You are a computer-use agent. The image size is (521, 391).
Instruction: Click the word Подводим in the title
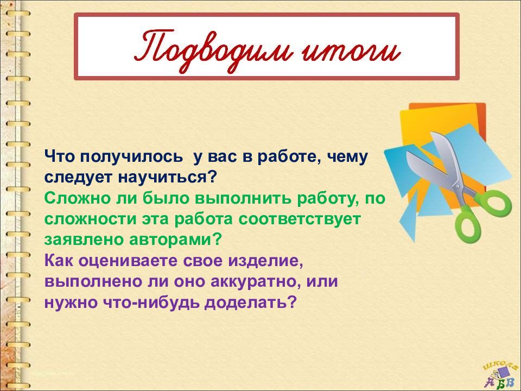click(210, 51)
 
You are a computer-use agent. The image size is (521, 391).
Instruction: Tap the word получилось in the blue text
click(131, 157)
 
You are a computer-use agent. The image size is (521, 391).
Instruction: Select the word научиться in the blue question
click(163, 177)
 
